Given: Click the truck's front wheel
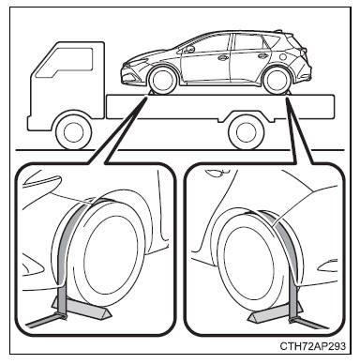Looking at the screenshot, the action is point(73,132).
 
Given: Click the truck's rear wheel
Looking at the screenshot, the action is point(247,132).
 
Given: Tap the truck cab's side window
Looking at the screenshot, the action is point(64,63).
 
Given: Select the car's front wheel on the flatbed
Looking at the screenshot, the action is point(162,81).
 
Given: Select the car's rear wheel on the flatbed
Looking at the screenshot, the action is point(277,81).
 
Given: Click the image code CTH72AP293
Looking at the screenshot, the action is point(313,346).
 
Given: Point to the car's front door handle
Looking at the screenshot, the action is point(223,57).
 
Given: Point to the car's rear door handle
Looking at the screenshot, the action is point(262,56).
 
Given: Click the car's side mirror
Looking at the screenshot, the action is point(190,49).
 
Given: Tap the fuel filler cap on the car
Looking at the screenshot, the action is point(283,57).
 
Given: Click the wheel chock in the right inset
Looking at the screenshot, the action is point(275,312).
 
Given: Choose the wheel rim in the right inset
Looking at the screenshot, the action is point(250,262).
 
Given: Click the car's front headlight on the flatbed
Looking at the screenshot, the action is point(135,64).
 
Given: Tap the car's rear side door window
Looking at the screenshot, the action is point(249,42).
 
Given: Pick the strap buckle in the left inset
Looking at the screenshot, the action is point(62,316).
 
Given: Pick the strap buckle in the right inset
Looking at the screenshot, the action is point(293,320).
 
